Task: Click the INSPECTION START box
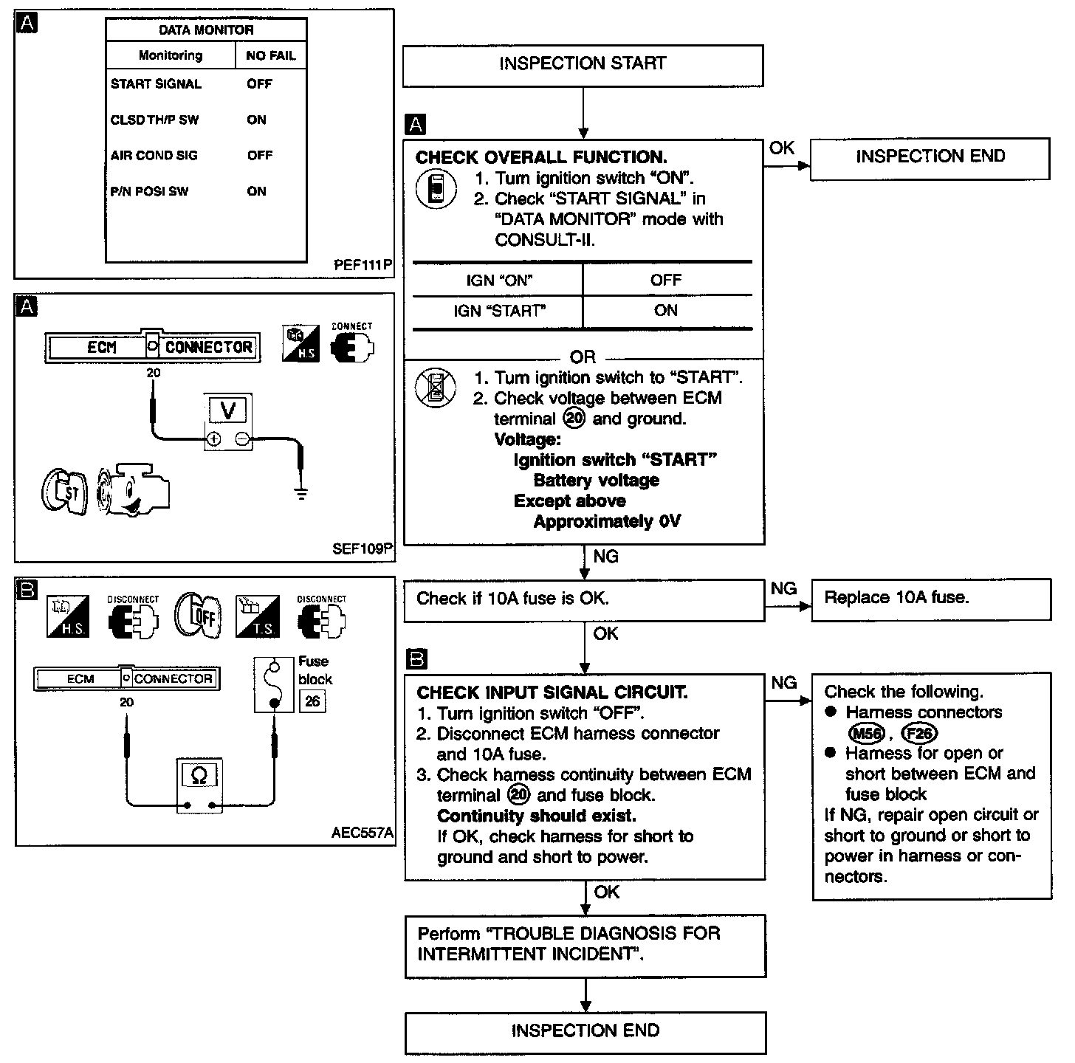coord(583,65)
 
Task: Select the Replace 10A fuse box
coord(930,598)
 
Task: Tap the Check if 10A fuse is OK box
coord(583,599)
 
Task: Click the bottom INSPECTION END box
coord(585,1031)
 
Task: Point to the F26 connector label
coord(918,733)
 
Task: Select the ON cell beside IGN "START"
coord(665,311)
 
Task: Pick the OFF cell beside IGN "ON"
coord(665,281)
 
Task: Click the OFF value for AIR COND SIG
coord(260,156)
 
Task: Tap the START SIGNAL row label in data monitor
coord(156,84)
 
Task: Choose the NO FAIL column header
coord(270,55)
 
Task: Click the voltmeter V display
coord(228,410)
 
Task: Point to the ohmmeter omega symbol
coord(199,775)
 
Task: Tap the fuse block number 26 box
coord(312,701)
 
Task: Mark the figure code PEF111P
coord(363,265)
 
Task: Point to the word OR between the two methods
coord(583,357)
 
